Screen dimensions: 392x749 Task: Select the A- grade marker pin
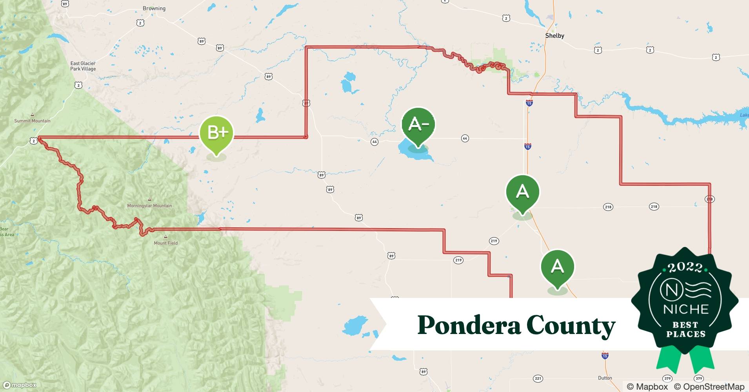click(x=418, y=125)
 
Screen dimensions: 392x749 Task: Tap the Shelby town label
click(x=554, y=36)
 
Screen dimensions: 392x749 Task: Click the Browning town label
click(x=154, y=8)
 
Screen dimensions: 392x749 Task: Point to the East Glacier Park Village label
click(x=83, y=66)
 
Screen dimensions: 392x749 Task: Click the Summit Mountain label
click(x=32, y=121)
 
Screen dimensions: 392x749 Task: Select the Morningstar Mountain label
click(x=149, y=205)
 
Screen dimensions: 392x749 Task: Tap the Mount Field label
click(x=165, y=243)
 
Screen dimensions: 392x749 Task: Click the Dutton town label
click(x=605, y=378)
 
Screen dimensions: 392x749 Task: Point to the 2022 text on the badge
click(x=685, y=268)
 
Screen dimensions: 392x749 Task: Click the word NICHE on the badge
click(x=686, y=309)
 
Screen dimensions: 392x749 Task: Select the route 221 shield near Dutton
click(x=538, y=378)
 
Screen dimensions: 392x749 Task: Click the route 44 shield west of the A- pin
click(x=374, y=142)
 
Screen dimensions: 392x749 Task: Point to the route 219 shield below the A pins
click(x=494, y=241)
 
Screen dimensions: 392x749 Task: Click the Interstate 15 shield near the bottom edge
click(x=605, y=356)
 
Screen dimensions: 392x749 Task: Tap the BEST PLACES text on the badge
click(x=686, y=330)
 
